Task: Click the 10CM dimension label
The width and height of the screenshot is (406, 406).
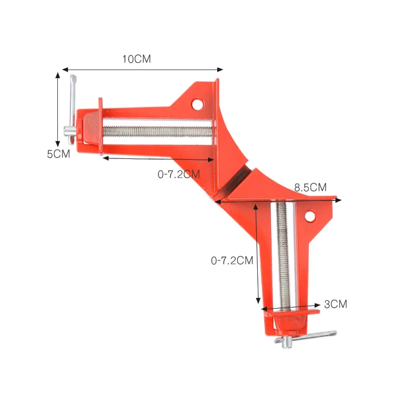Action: [x=137, y=59]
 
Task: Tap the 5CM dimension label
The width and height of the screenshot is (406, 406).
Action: [x=58, y=154]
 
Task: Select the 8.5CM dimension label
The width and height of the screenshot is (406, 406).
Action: [x=310, y=187]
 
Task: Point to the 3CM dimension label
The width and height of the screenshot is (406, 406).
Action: [x=335, y=304]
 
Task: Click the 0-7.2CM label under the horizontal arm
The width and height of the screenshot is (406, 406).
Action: [x=179, y=174]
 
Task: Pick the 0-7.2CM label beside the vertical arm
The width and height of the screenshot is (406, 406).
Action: [x=232, y=260]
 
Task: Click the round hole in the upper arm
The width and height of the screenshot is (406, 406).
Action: [x=197, y=105]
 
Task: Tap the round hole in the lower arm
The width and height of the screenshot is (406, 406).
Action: [x=310, y=217]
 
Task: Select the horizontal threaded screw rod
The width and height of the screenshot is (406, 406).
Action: [x=158, y=132]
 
